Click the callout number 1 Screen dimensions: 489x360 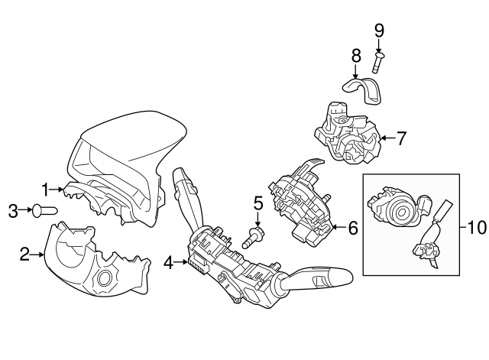46,190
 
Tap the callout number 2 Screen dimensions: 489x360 24,255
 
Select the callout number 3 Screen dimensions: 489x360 13,211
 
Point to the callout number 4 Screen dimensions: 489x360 168,263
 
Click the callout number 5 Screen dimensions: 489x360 258,203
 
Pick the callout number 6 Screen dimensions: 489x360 353,228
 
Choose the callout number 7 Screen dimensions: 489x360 401,138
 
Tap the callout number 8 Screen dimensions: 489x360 356,56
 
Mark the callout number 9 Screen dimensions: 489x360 379,31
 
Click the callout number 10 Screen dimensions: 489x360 477,228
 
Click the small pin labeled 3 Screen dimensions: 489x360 44,210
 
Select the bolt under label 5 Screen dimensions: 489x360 253,237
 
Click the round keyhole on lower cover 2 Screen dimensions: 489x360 105,278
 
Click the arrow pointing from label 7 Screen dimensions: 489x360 388,138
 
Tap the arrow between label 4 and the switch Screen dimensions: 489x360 181,262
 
